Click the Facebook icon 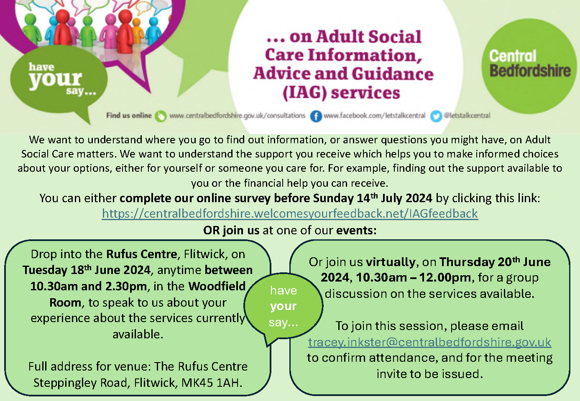[316, 116]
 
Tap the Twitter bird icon [436, 116]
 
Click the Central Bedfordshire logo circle [529, 66]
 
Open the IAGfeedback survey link [290, 214]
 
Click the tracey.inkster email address [429, 342]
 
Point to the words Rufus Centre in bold [142, 254]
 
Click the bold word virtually [391, 262]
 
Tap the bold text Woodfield [217, 286]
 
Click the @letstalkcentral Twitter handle [467, 115]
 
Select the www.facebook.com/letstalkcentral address [374, 115]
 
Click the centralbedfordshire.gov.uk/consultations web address [238, 116]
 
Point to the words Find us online [129, 115]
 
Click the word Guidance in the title [393, 74]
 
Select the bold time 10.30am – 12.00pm [414, 278]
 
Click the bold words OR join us [231, 230]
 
